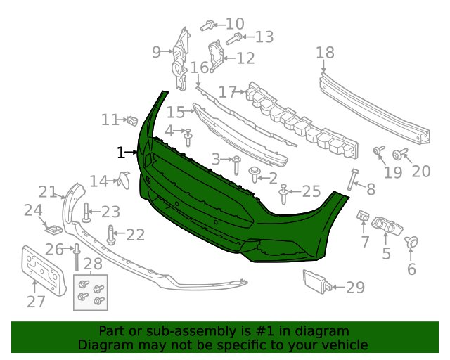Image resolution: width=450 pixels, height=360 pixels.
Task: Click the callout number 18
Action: coord(325,53)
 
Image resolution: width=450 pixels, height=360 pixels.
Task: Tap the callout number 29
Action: coord(355,287)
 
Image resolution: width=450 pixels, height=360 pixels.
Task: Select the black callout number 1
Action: coord(121,153)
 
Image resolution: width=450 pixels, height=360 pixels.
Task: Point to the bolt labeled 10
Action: coord(207,25)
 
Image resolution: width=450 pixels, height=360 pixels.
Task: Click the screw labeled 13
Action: coord(234,39)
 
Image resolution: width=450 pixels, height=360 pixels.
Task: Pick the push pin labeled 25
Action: coord(283,194)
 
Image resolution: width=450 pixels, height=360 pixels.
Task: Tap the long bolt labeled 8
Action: coord(352,179)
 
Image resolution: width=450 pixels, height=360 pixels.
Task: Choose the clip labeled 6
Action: coord(411,242)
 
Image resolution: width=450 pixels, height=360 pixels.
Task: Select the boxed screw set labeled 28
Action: coord(91,292)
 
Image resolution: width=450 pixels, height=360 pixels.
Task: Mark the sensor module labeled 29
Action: coord(317,281)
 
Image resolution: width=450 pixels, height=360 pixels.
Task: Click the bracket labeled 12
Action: coord(216,56)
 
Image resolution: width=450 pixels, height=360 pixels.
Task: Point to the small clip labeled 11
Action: coord(132,121)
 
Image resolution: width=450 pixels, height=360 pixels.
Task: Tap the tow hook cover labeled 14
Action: coord(124,180)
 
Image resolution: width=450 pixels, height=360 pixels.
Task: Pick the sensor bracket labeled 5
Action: coord(387,226)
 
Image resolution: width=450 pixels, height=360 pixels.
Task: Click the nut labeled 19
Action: coord(378,150)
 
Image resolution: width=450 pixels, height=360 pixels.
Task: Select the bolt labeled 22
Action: coord(111,235)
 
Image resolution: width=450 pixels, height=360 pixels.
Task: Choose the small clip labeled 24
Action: coord(53,229)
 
